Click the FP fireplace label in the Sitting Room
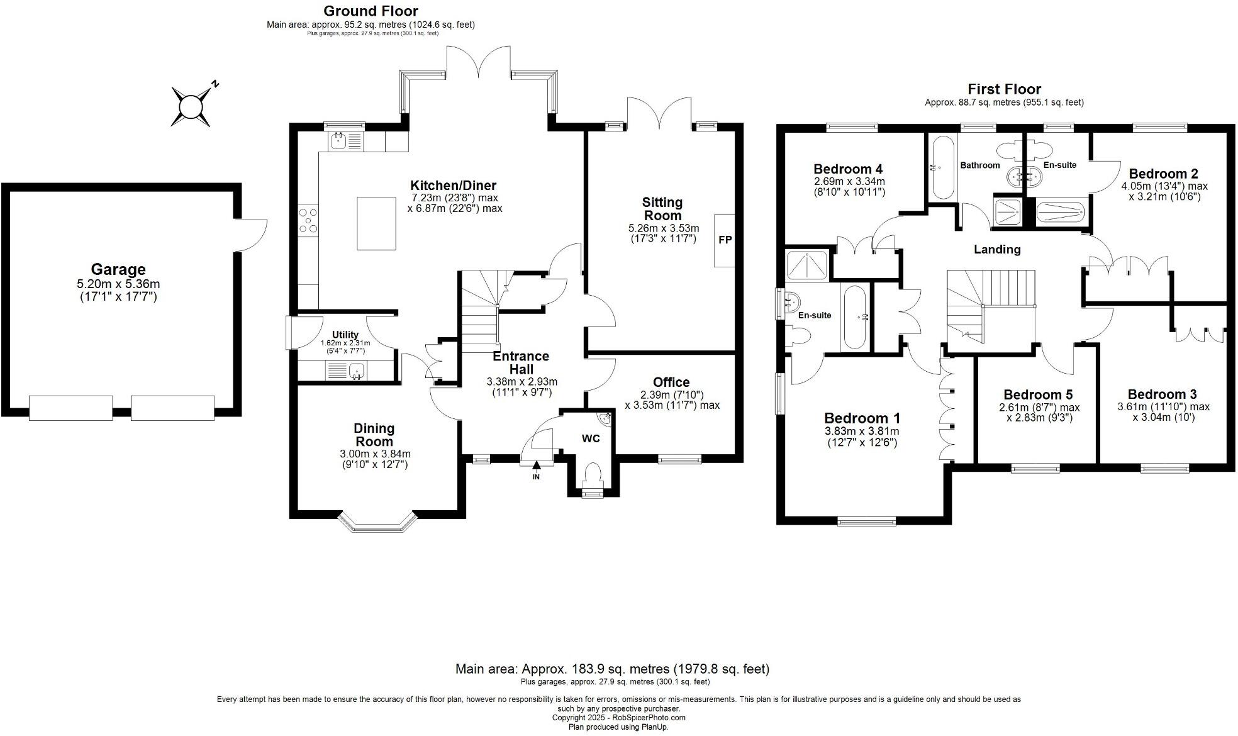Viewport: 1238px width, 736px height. click(725, 240)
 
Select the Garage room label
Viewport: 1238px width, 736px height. click(118, 270)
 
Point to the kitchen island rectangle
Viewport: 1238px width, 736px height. click(377, 223)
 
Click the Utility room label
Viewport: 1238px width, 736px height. click(345, 335)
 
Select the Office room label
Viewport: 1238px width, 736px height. click(671, 382)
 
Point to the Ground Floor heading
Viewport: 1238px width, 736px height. click(371, 11)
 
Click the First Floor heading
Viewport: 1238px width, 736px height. click(1004, 89)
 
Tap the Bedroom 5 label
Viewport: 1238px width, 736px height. click(1037, 394)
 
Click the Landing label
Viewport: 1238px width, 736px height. click(996, 250)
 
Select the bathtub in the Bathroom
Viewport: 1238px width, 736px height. click(942, 167)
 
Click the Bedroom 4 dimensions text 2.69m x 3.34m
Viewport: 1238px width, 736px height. click(849, 181)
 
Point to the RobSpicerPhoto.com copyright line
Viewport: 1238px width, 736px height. click(618, 717)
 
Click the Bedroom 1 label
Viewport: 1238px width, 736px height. click(862, 418)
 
